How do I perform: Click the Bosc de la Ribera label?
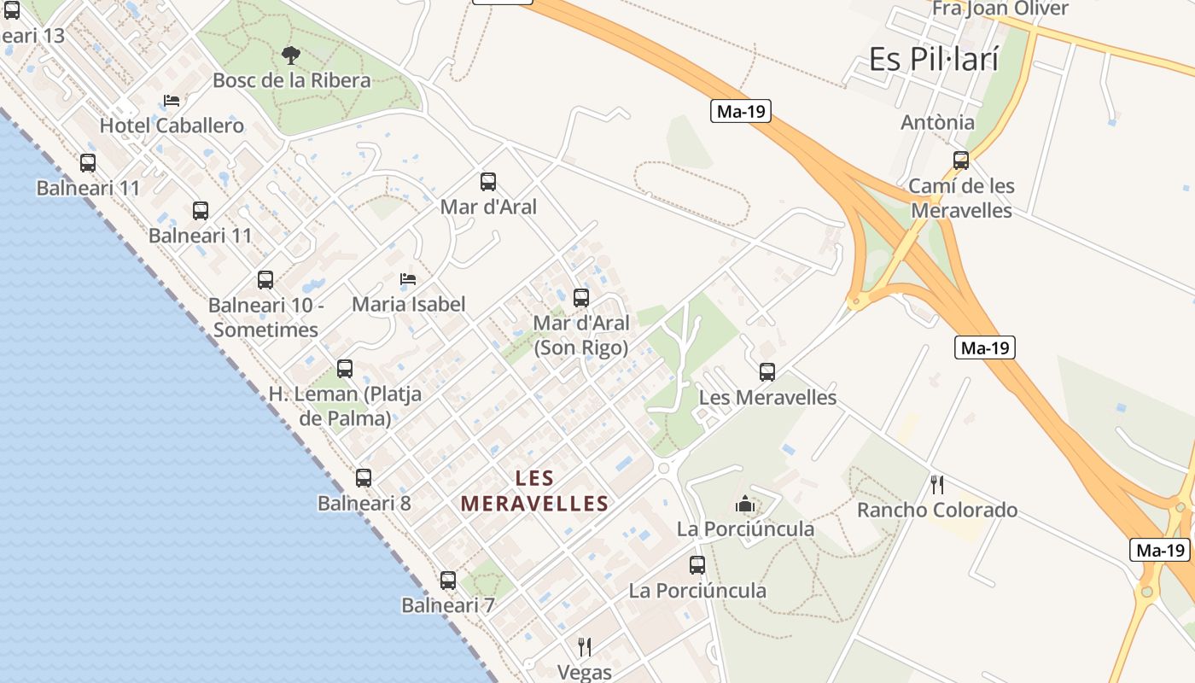(291, 80)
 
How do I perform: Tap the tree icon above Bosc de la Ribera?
(291, 55)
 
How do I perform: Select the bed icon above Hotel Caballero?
(172, 101)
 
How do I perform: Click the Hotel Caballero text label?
(172, 126)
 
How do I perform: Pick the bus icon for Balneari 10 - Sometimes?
(265, 280)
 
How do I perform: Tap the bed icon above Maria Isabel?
(408, 279)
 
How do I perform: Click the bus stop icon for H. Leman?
(345, 369)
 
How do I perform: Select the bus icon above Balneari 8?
(364, 478)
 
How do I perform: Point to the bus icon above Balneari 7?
(448, 581)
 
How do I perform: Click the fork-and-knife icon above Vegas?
(585, 646)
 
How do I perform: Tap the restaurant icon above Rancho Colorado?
(937, 485)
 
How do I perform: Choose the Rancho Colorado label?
(937, 511)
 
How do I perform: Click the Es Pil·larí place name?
(933, 59)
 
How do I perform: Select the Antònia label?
(937, 122)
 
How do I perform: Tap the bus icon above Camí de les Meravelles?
(961, 161)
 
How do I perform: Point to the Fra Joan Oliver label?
(1000, 9)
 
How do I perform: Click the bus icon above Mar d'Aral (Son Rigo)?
(581, 298)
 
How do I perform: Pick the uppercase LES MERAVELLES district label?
(535, 491)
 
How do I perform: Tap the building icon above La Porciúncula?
(745, 504)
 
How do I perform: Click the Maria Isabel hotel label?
(408, 304)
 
